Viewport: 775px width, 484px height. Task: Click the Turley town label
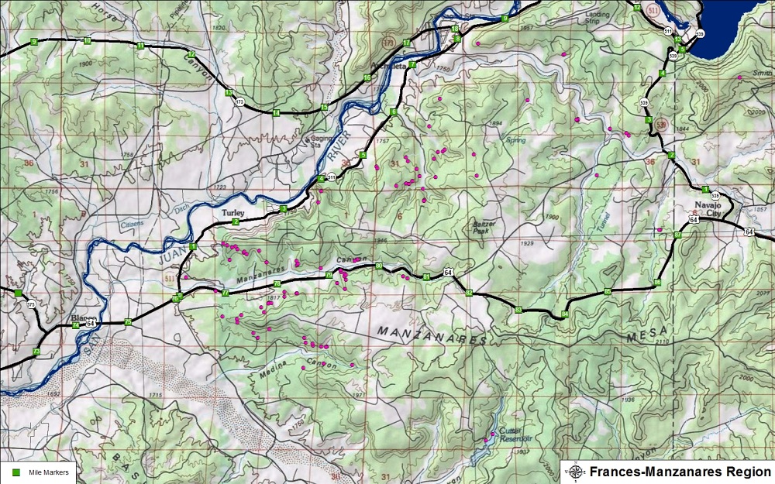[233, 212]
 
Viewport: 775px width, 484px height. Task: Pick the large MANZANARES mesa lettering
[431, 335]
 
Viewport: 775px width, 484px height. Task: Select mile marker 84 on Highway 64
[564, 314]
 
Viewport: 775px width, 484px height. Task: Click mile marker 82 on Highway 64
[469, 292]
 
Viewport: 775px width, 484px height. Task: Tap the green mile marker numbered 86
[657, 283]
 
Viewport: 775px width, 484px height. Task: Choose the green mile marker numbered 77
[225, 293]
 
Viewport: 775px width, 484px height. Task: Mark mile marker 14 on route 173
[275, 113]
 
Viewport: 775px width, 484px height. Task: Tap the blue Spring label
[515, 140]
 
